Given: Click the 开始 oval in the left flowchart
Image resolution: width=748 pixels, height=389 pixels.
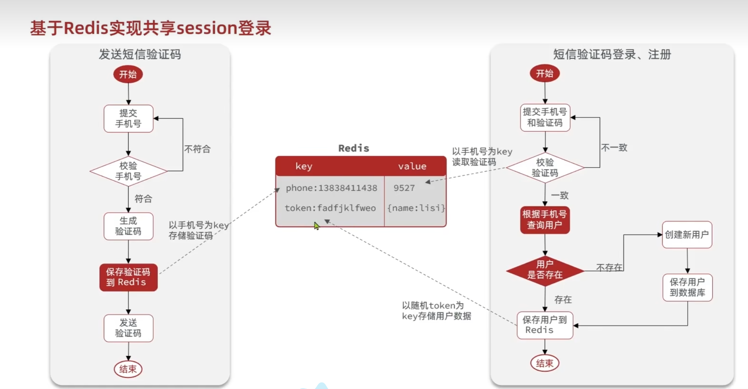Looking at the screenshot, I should [x=128, y=74].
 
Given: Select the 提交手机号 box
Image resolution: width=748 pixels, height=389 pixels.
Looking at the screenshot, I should [x=128, y=118].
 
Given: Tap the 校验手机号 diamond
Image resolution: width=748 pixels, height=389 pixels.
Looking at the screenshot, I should [x=128, y=171].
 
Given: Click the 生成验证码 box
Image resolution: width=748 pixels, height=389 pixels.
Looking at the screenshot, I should [x=128, y=226].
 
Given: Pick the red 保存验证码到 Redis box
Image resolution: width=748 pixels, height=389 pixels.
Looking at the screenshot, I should [x=128, y=277].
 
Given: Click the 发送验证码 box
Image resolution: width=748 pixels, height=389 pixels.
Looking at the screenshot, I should [x=128, y=328].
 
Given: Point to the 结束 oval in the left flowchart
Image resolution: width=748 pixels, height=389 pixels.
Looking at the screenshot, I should [x=128, y=369].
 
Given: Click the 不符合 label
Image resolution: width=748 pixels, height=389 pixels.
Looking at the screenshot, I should [x=197, y=149].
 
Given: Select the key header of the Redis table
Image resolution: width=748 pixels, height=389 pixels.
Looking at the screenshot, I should [x=304, y=166].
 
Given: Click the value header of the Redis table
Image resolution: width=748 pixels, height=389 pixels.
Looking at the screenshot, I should [x=412, y=166].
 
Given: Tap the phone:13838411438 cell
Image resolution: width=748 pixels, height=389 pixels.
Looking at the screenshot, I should [x=331, y=188].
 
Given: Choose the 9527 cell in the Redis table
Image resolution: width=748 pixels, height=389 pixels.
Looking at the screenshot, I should [x=404, y=188].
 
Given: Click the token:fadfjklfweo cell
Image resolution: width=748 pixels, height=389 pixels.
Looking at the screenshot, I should [x=330, y=208].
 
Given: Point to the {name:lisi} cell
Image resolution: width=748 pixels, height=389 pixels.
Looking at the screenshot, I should [x=416, y=208].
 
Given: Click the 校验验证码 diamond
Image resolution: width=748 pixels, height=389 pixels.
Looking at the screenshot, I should [x=545, y=168].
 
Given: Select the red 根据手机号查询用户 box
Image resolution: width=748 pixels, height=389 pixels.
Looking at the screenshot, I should [x=545, y=220].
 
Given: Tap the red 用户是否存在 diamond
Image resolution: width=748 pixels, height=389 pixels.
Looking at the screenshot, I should [x=545, y=270].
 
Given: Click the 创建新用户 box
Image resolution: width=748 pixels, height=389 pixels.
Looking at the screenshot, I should [x=687, y=235].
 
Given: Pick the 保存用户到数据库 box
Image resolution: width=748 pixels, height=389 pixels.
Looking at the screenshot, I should [x=687, y=288].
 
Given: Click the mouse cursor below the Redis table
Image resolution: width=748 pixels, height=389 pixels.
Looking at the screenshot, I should [x=317, y=226].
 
